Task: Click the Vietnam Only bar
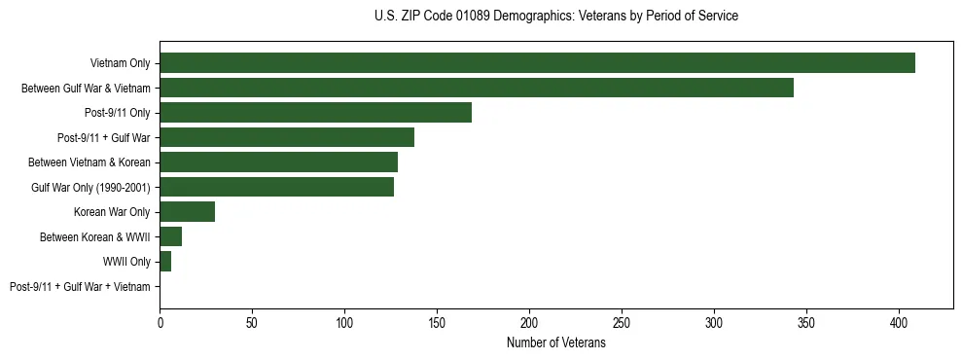click(x=537, y=63)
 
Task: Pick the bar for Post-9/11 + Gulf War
click(x=287, y=137)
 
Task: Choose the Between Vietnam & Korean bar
click(x=278, y=162)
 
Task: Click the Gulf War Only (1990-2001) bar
click(x=277, y=187)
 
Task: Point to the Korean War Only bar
click(x=187, y=212)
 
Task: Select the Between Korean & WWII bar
click(x=170, y=236)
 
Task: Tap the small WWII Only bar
click(x=165, y=262)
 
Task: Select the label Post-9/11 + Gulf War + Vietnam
click(x=80, y=287)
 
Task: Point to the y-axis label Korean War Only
click(x=112, y=212)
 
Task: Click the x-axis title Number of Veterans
click(x=555, y=343)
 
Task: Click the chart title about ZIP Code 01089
click(x=555, y=17)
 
